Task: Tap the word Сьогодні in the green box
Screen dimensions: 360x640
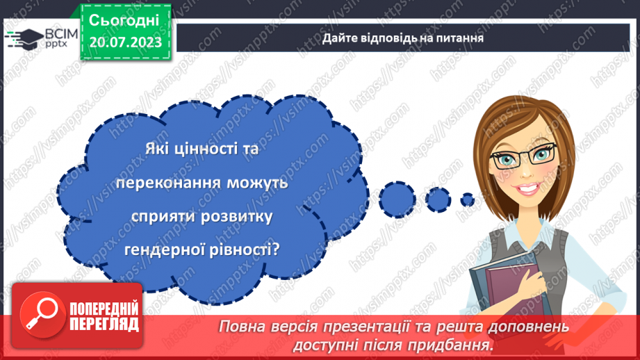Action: coord(125,19)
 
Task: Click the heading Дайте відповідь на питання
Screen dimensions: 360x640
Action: coord(402,38)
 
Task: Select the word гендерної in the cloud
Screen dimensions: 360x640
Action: coord(156,249)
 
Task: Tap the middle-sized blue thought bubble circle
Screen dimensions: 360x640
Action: coord(438,199)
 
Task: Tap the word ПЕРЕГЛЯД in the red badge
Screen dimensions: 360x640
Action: coord(104,324)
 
